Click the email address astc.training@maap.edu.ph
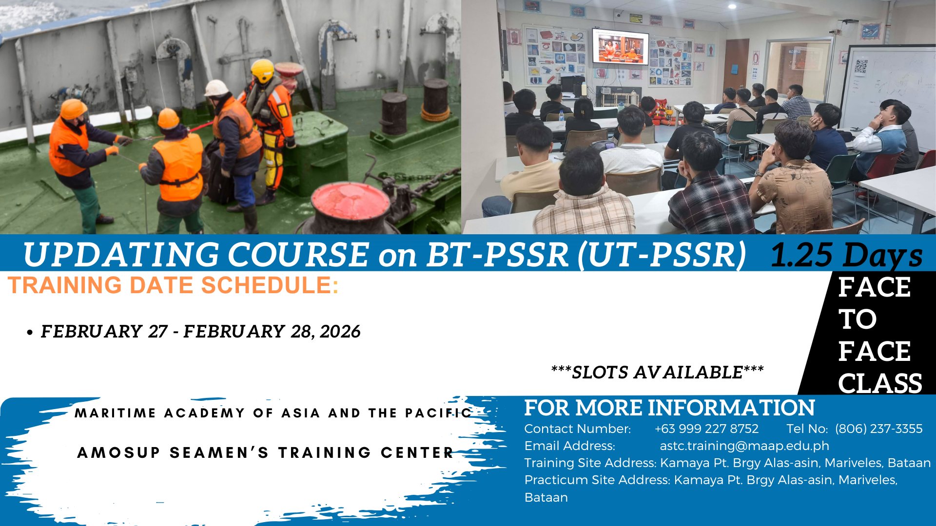pos(744,446)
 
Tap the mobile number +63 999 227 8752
pos(706,429)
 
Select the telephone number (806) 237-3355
pos(878,429)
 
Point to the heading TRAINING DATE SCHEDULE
pos(173,285)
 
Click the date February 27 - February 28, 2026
pos(200,332)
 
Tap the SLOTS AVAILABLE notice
pos(657,373)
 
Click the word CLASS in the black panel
pos(880,383)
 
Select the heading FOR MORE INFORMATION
pos(669,408)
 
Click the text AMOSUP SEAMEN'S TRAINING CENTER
pos(266,452)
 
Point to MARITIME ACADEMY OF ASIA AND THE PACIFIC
pos(273,413)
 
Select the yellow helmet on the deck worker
pos(262,71)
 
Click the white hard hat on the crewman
pos(216,89)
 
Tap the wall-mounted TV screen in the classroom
pos(620,47)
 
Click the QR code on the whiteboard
pos(861,67)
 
